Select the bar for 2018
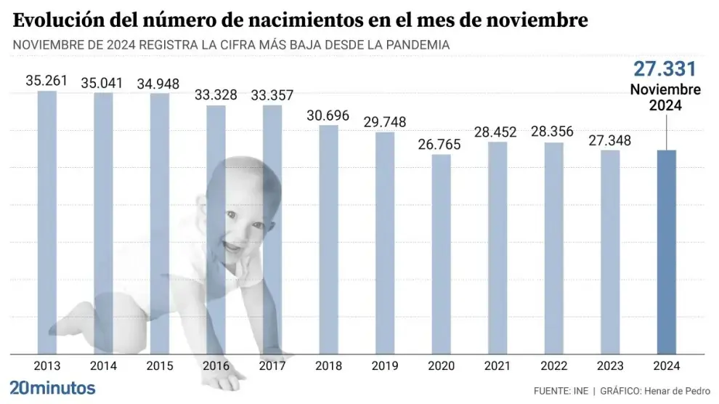click(x=328, y=240)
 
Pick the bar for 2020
click(x=441, y=254)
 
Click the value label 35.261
click(x=47, y=81)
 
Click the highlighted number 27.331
click(x=665, y=69)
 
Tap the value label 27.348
click(x=610, y=140)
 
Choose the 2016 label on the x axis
click(x=216, y=365)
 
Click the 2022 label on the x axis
click(x=553, y=365)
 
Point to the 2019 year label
click(x=385, y=365)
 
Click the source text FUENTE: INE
click(x=561, y=390)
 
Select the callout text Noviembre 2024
click(x=665, y=97)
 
